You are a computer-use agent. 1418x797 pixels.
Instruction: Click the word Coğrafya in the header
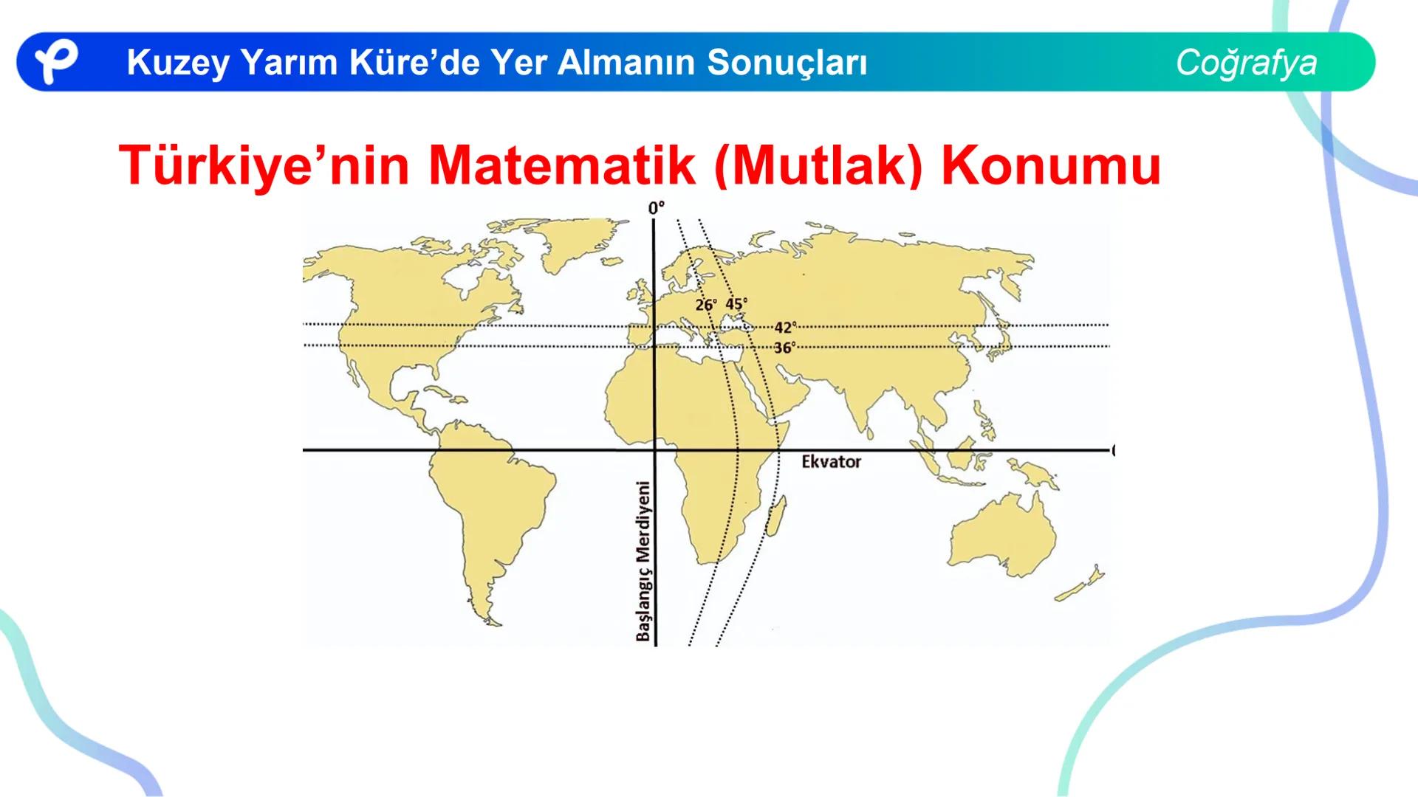(x=1246, y=62)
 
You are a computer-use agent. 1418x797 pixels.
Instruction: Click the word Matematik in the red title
(x=561, y=165)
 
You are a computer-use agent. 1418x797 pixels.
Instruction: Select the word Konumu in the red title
(x=1050, y=165)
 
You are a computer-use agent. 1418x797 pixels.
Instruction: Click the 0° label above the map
(x=656, y=208)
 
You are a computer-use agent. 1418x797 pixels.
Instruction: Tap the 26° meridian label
(x=705, y=305)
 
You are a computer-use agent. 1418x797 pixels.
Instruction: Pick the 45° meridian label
(x=736, y=304)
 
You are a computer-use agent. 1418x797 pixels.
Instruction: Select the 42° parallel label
(x=784, y=328)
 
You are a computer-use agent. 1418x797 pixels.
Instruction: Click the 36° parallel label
(x=784, y=348)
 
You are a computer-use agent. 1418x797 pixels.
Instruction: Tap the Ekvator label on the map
(x=831, y=462)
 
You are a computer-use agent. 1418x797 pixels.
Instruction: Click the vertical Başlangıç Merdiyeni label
(x=644, y=561)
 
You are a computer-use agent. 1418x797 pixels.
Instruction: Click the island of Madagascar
(x=775, y=516)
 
